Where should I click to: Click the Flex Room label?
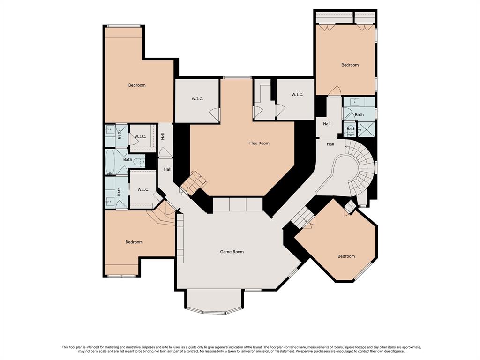click(x=259, y=143)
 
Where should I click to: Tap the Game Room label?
click(x=232, y=252)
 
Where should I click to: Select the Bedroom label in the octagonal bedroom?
click(x=346, y=256)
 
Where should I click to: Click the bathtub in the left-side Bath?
click(x=110, y=162)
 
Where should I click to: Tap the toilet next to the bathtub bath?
click(x=142, y=161)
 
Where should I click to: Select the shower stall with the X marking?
click(x=366, y=129)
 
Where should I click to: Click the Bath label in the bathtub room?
click(x=127, y=159)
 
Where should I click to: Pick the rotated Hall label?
click(x=163, y=136)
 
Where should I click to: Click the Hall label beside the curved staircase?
click(x=330, y=144)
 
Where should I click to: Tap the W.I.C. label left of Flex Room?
click(x=197, y=98)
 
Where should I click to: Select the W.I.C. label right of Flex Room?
click(x=297, y=94)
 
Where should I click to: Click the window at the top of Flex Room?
click(x=237, y=78)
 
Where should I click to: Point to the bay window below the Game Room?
click(x=215, y=312)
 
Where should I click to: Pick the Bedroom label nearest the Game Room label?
click(x=134, y=242)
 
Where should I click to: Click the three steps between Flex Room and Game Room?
click(x=238, y=204)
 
